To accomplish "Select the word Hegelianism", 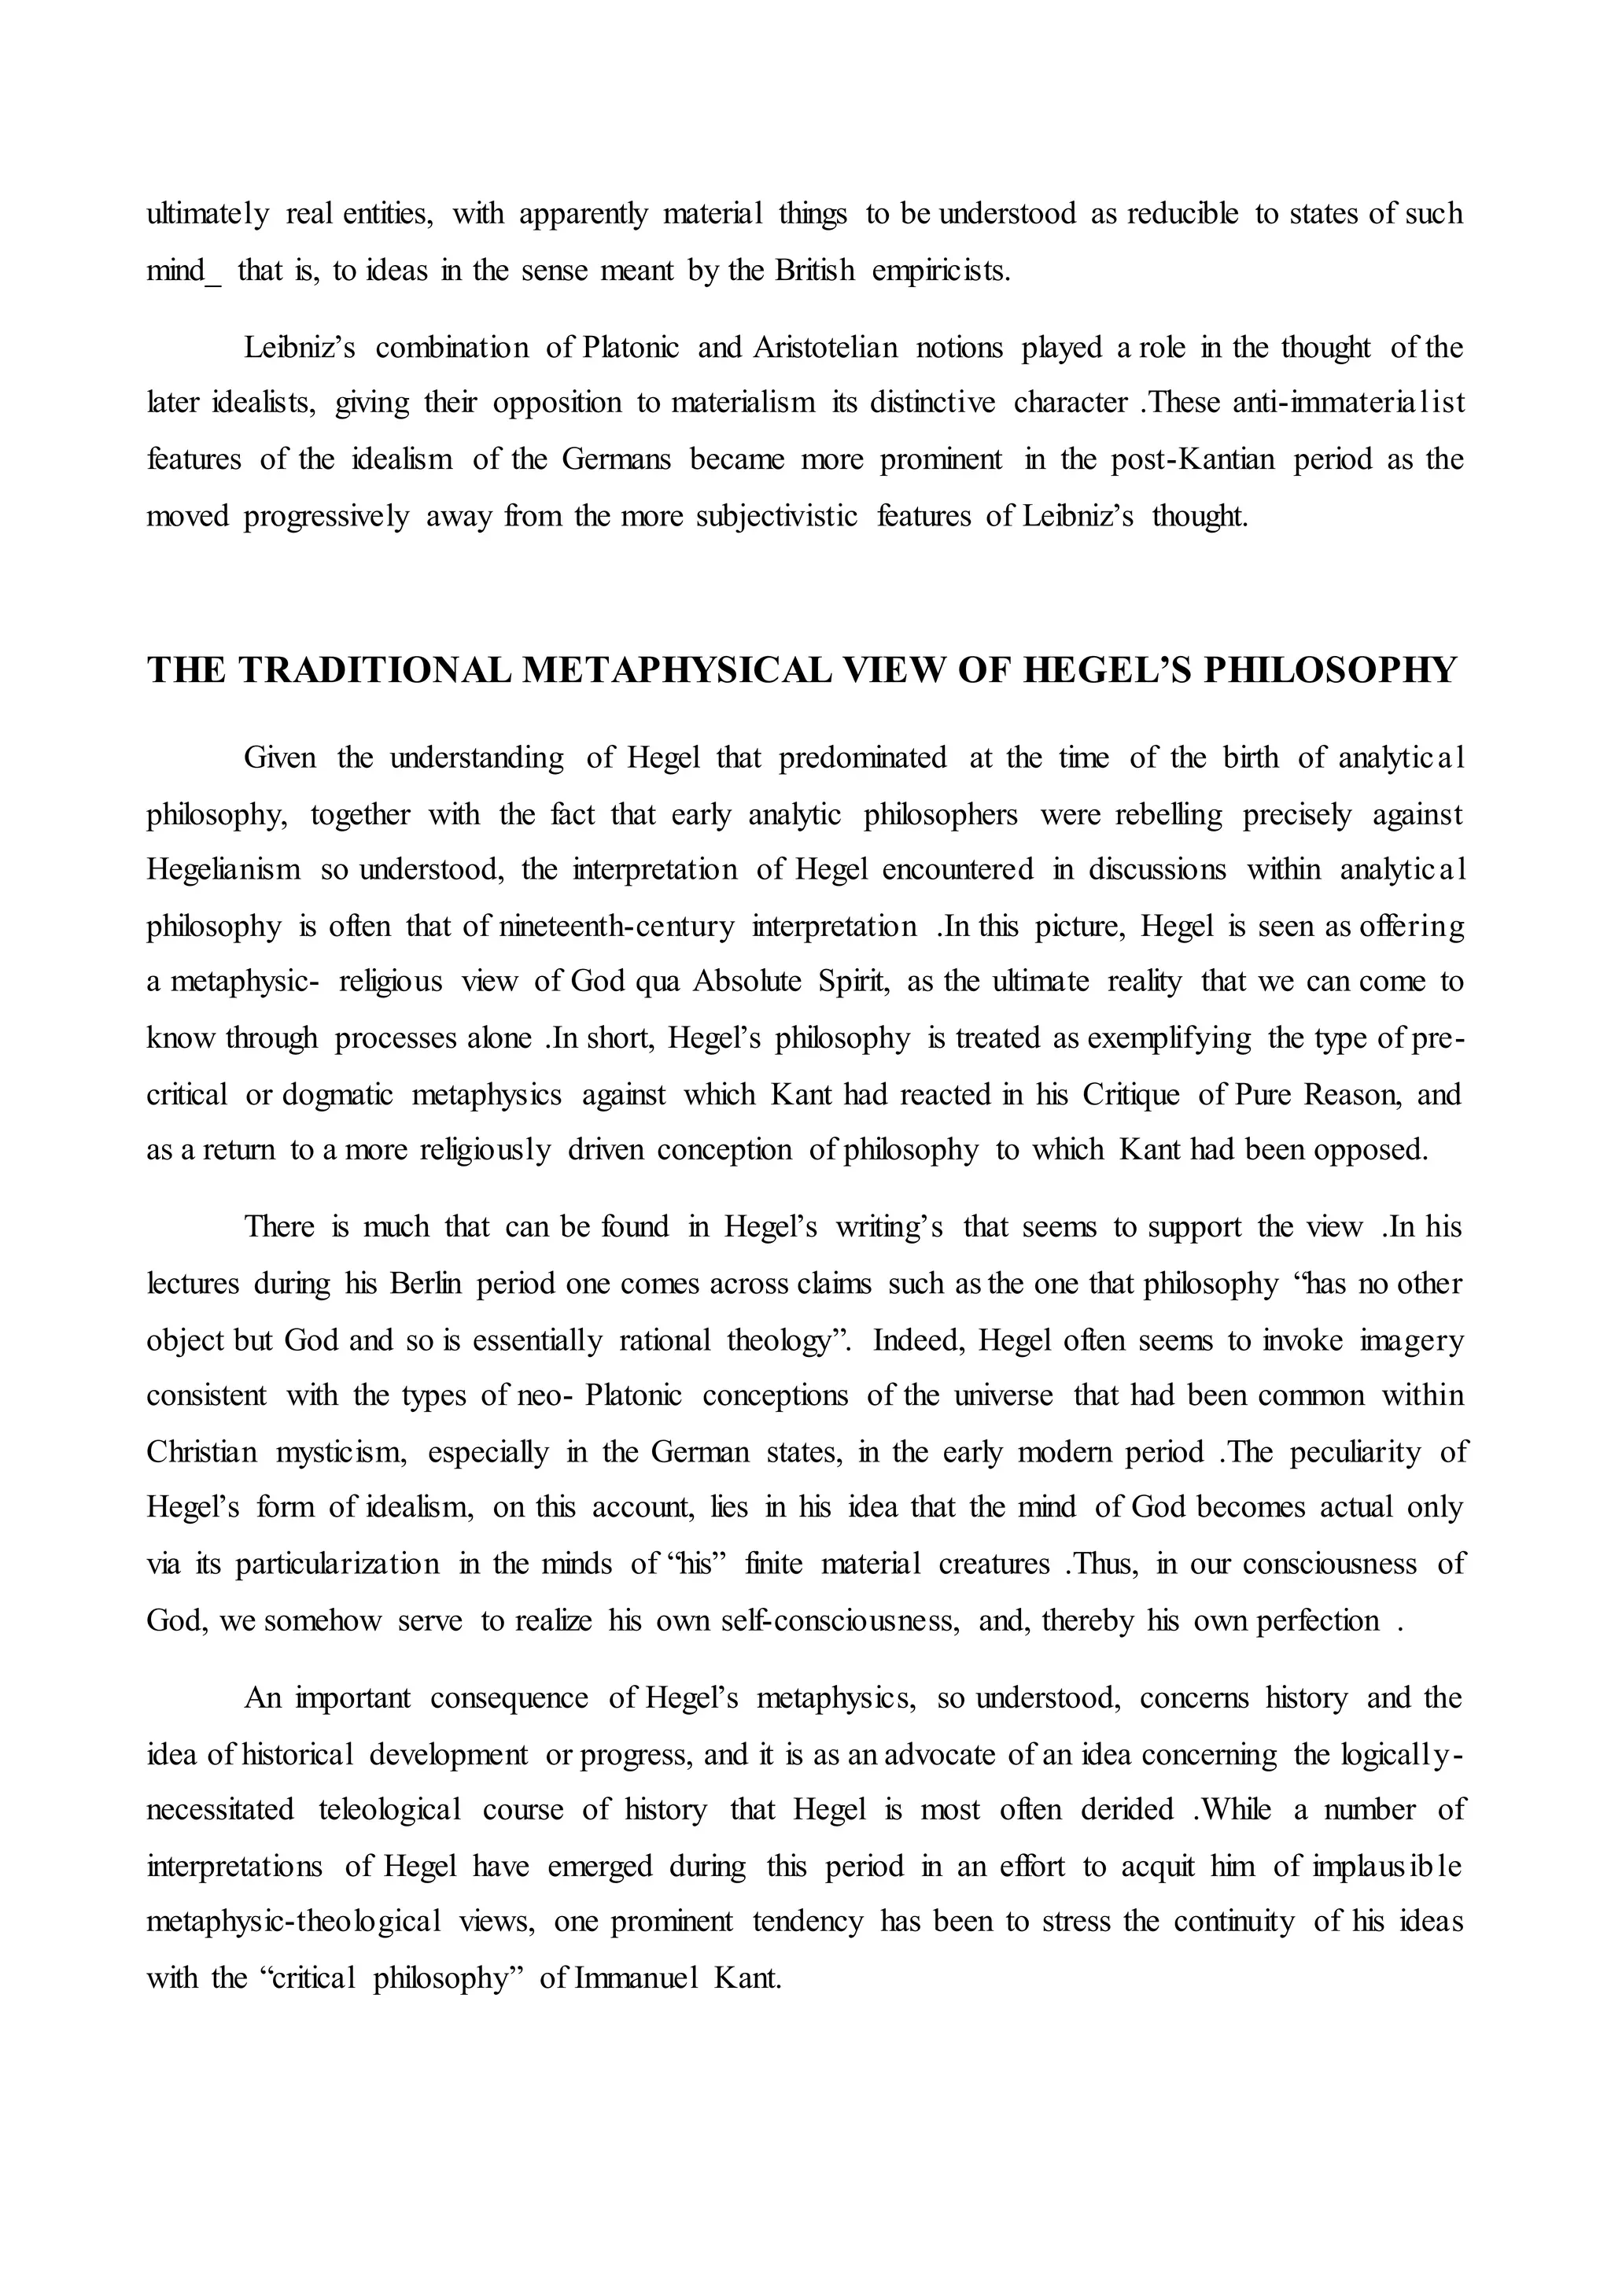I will (223, 870).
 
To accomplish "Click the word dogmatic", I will (337, 1094).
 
